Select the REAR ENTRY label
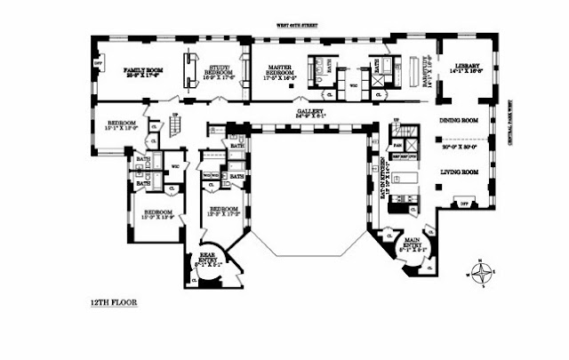point(205,255)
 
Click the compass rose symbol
point(482,272)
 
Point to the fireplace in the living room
point(462,204)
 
